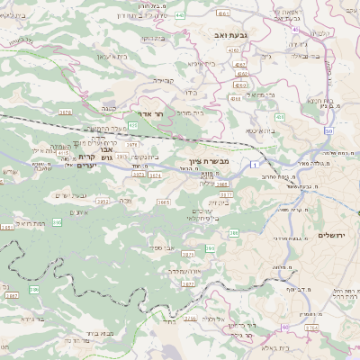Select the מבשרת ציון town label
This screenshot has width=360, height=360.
[212, 161]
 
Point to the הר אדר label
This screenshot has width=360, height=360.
[153, 115]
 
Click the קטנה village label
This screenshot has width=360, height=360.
[109, 107]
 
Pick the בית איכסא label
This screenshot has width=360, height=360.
[258, 130]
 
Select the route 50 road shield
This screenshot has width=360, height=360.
[329, 130]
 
